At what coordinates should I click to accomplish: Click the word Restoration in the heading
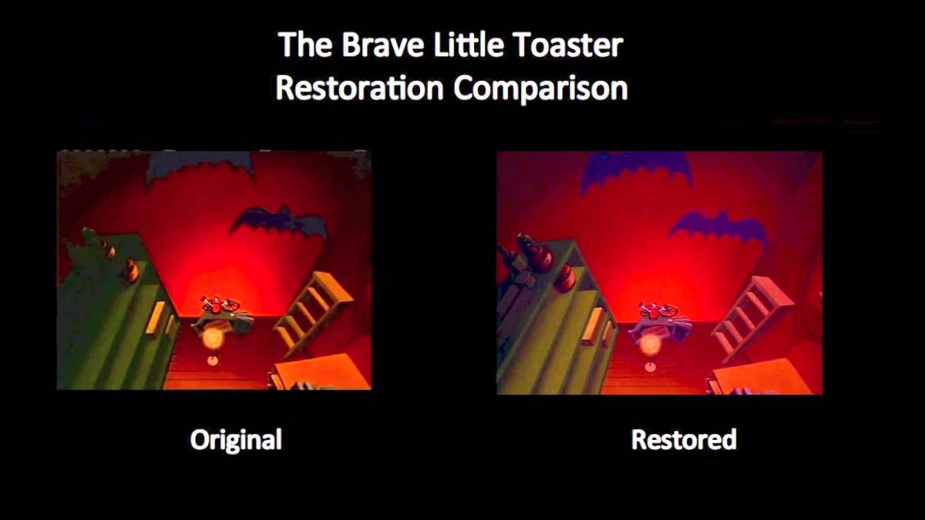pyautogui.click(x=359, y=88)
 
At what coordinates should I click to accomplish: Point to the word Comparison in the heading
pyautogui.click(x=541, y=88)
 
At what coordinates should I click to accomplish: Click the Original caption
pyautogui.click(x=236, y=439)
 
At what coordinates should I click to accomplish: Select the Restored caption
pyautogui.click(x=684, y=439)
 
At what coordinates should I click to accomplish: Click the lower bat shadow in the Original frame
pyautogui.click(x=279, y=220)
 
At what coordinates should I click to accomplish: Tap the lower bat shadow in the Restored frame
pyautogui.click(x=717, y=228)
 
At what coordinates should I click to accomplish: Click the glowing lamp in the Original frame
pyautogui.click(x=212, y=337)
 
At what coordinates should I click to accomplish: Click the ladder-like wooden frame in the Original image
pyautogui.click(x=312, y=312)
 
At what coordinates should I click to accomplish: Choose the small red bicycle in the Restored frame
pyautogui.click(x=658, y=311)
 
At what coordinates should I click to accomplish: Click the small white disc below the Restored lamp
pyautogui.click(x=650, y=368)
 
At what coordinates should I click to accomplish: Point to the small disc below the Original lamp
pyautogui.click(x=212, y=360)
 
